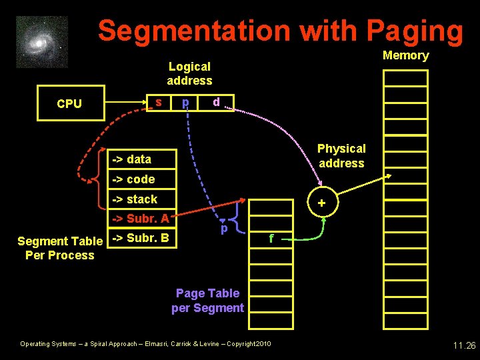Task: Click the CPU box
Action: [x=71, y=103]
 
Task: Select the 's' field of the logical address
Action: [x=158, y=102]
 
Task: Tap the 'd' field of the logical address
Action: [x=216, y=102]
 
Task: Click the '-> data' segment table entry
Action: [x=142, y=159]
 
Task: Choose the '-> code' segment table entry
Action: [x=142, y=179]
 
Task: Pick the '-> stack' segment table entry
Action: [x=142, y=199]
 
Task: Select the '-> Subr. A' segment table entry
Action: [x=142, y=218]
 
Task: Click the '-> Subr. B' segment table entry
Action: [x=142, y=238]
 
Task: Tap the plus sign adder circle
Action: [x=321, y=203]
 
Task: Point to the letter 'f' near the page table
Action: [x=270, y=237]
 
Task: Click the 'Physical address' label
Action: [x=341, y=155]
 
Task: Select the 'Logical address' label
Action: [x=189, y=73]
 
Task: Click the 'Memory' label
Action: [x=405, y=55]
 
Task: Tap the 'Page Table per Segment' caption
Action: [x=207, y=300]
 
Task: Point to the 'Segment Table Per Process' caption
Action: [x=60, y=248]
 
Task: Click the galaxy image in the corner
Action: [x=41, y=42]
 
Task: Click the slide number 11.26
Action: [x=463, y=345]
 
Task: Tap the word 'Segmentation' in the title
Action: [x=194, y=31]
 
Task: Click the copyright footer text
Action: [x=145, y=344]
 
